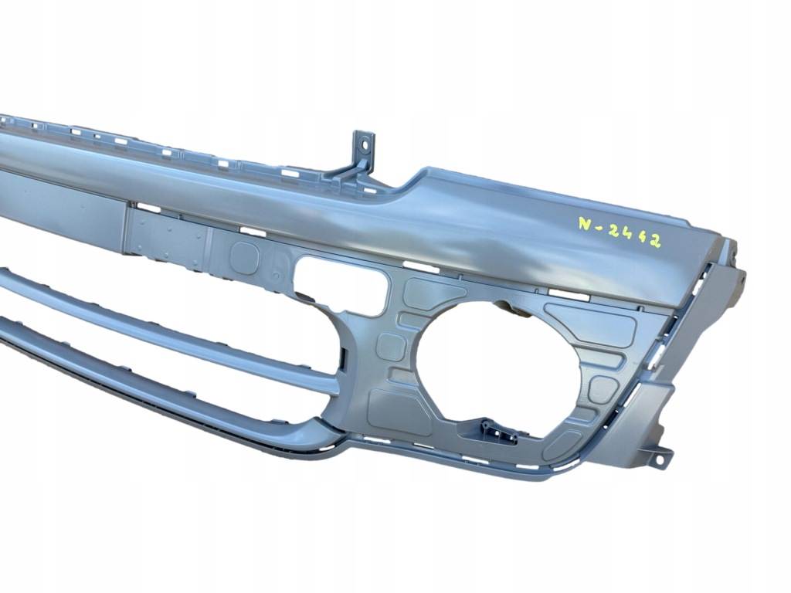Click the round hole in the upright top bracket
coord(363,143)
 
